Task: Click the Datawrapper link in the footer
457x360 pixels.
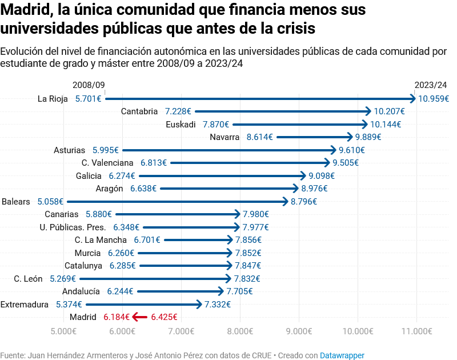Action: [342, 355]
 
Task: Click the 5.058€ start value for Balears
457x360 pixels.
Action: [50, 201]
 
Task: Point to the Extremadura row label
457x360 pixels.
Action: [25, 304]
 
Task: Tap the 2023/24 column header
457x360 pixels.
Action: [431, 85]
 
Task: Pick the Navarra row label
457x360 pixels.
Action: [225, 137]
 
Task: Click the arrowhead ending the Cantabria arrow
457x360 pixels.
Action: [369, 111]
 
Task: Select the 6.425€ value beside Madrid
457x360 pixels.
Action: [164, 317]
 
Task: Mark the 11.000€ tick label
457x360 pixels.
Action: [416, 331]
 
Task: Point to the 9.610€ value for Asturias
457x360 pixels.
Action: [351, 150]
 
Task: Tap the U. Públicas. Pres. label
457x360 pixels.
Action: [73, 227]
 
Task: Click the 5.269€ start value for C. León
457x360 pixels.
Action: [63, 278]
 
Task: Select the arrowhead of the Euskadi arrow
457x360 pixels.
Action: [366, 124]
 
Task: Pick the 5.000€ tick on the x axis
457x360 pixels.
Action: [63, 331]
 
